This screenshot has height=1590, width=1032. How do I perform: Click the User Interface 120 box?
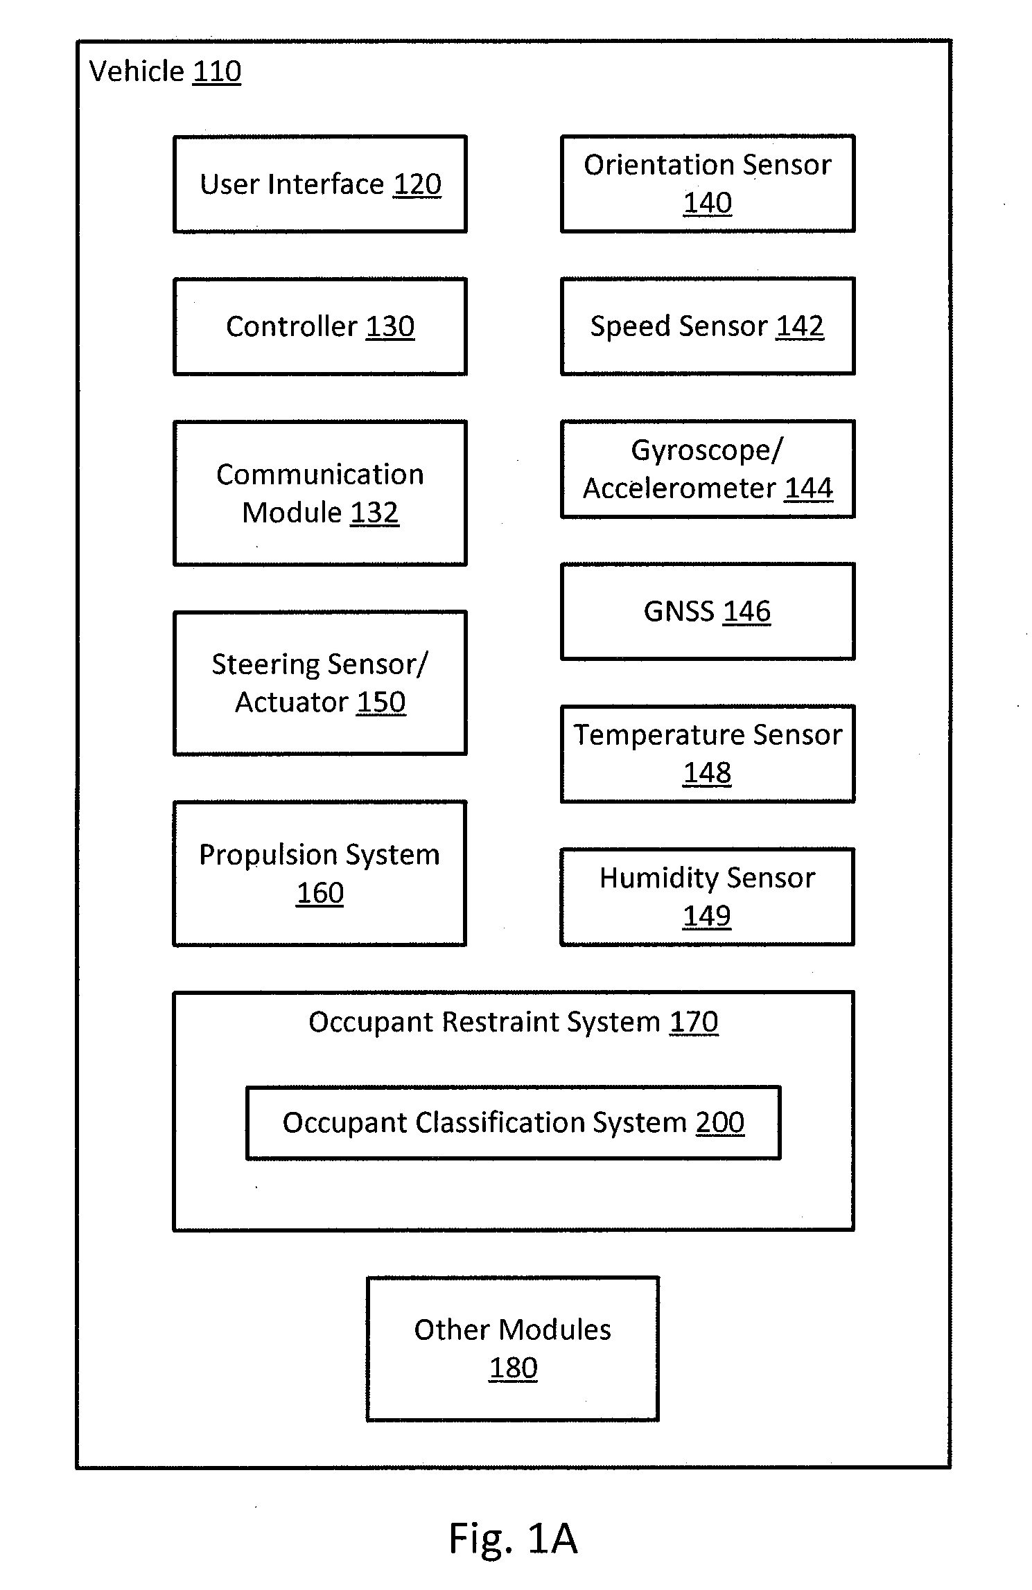click(x=320, y=184)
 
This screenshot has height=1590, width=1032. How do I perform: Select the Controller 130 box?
click(x=320, y=326)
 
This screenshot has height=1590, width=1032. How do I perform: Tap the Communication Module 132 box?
click(x=320, y=493)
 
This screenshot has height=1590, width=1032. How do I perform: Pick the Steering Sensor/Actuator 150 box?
click(x=320, y=682)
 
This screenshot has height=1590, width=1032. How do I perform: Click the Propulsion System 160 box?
click(x=320, y=873)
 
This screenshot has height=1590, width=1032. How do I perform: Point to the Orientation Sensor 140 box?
click(x=707, y=183)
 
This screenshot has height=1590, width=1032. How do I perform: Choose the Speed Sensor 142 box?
click(x=707, y=326)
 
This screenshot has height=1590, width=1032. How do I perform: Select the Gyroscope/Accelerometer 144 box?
click(x=707, y=468)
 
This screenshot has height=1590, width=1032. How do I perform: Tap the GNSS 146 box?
click(x=707, y=611)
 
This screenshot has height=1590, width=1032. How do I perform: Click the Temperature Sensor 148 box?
click(x=707, y=754)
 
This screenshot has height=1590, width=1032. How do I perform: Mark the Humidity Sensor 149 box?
click(x=707, y=896)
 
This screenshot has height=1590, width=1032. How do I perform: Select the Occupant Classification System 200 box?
click(x=513, y=1122)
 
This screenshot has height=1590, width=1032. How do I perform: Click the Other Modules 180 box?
click(x=513, y=1348)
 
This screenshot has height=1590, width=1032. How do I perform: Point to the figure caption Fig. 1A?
click(x=513, y=1538)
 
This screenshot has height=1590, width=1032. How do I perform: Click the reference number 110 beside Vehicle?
click(x=217, y=71)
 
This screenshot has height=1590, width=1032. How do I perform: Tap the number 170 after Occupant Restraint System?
click(x=694, y=1022)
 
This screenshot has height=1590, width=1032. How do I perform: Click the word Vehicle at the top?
click(x=137, y=71)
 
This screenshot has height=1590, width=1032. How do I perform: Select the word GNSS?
click(x=679, y=611)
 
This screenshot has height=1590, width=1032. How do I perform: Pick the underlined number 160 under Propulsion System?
click(x=320, y=892)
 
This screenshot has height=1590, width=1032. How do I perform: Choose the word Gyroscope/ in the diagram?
click(x=707, y=451)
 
